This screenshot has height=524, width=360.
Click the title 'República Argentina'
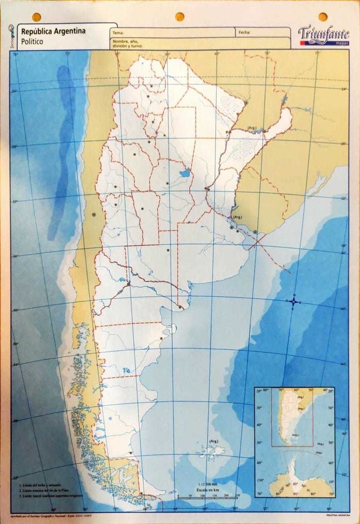[53, 31]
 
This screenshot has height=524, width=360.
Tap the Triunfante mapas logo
[323, 35]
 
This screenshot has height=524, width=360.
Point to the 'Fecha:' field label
[244, 32]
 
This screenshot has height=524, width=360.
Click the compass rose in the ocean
[294, 302]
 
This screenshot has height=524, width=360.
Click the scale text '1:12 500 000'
[208, 484]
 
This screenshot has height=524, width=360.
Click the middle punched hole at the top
[179, 17]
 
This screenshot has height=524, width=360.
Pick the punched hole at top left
[36, 17]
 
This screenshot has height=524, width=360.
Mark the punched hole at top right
[323, 17]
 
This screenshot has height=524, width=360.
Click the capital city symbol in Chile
[94, 214]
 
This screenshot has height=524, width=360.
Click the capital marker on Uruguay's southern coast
[255, 232]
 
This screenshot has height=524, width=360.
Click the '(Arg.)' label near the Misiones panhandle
[252, 128]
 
